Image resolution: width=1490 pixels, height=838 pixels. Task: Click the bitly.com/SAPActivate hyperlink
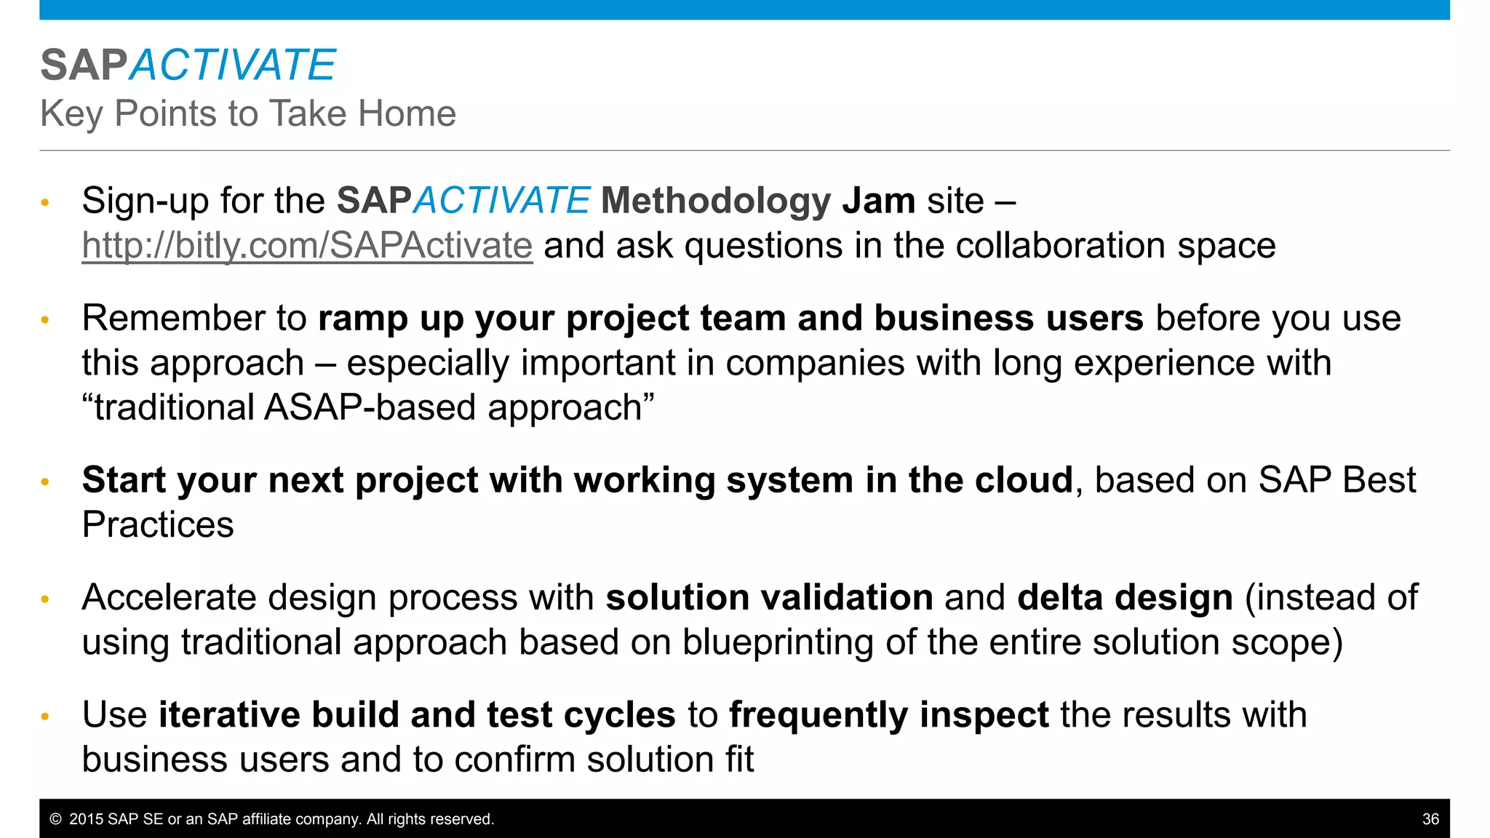pos(307,246)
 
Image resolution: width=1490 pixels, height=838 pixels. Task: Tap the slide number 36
pos(1430,819)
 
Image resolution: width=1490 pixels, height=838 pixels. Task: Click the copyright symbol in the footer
pos(55,819)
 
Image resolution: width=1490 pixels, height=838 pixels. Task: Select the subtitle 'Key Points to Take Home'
pos(248,113)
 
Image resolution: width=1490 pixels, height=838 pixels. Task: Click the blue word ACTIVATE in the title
pos(232,65)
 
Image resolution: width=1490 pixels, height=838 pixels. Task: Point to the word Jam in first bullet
pos(878,201)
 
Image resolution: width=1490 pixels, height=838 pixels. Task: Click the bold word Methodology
pos(716,201)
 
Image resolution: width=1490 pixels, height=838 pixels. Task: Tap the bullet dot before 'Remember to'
pos(45,319)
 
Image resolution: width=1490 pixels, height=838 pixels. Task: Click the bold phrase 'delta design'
pos(1125,598)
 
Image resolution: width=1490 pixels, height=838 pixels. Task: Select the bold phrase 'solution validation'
pos(769,598)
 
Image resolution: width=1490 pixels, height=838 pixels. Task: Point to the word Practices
pos(158,525)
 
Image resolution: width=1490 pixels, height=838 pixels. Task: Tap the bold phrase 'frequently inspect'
pos(888,715)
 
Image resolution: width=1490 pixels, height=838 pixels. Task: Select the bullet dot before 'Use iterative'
pos(45,717)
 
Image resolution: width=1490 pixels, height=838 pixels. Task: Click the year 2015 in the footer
pos(86,819)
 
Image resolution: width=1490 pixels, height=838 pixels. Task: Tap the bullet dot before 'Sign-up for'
pos(45,202)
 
